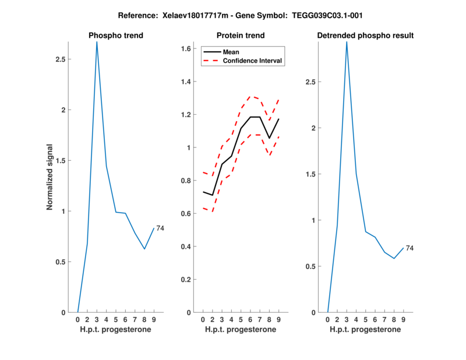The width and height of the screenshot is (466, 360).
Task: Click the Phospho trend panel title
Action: pyautogui.click(x=115, y=36)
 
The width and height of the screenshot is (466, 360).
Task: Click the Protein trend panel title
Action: pyautogui.click(x=240, y=36)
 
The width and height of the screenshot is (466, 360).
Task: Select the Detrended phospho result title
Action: pyautogui.click(x=365, y=36)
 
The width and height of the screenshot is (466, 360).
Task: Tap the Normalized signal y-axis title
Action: pyautogui.click(x=51, y=177)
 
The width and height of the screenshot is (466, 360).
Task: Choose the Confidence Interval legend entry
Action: pyautogui.click(x=253, y=60)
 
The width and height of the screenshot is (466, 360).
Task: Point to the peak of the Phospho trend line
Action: pyautogui.click(x=97, y=42)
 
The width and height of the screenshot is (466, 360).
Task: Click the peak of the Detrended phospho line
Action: pyautogui.click(x=347, y=42)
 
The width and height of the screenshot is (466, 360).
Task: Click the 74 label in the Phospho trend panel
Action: pyautogui.click(x=160, y=228)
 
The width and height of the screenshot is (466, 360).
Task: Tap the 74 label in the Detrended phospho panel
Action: pyautogui.click(x=409, y=248)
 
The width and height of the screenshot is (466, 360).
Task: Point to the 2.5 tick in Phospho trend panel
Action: pyautogui.click(x=61, y=59)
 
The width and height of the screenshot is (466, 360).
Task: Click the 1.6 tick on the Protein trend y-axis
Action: pyautogui.click(x=186, y=48)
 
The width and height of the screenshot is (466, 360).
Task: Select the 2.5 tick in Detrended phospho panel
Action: pyautogui.click(x=311, y=82)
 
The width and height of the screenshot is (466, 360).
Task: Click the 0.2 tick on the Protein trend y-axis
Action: pyautogui.click(x=186, y=280)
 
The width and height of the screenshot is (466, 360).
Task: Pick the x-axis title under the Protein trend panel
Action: pyautogui.click(x=240, y=329)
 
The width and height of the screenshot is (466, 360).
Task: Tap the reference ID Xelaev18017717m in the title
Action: pyautogui.click(x=193, y=15)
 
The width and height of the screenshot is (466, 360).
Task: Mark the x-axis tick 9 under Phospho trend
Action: pyautogui.click(x=154, y=319)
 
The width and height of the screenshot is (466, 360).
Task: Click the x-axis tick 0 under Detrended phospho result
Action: pyautogui.click(x=328, y=319)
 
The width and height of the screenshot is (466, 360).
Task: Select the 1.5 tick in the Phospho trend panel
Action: pyautogui.click(x=61, y=160)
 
